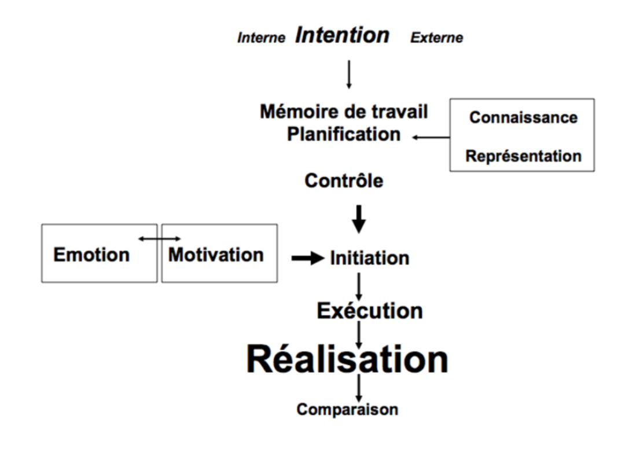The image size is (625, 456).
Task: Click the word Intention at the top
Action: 342,36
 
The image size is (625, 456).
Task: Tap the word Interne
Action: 262,38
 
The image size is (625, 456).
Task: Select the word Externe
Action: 436,38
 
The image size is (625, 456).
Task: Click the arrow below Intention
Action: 348,73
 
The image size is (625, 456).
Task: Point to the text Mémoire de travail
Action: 344,111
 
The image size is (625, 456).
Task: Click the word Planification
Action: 344,134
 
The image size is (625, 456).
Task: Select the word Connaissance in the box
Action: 523,117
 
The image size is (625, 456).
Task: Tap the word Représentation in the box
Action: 523,156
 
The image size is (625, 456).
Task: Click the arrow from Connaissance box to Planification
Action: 431,137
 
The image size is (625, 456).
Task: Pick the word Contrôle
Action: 344,181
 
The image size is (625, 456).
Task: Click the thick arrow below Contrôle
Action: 359,218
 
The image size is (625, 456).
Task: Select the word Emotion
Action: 91,255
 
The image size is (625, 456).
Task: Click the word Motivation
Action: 216,255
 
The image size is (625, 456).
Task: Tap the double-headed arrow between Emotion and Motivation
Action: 159,238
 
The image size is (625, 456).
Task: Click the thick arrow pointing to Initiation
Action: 307,259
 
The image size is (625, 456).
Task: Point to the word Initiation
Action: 369,258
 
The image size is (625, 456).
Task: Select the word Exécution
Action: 369,311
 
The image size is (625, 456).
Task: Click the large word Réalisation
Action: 347,359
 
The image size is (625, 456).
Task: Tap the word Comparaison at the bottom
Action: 347,409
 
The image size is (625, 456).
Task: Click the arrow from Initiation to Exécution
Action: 359,285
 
